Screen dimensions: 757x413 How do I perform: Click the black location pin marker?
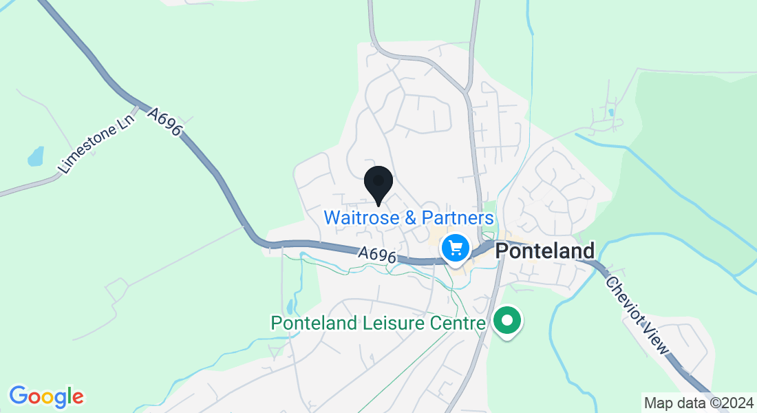(x=378, y=184)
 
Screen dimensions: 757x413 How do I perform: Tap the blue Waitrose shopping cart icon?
(x=455, y=246)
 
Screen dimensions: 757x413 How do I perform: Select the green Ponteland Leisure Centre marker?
(x=507, y=321)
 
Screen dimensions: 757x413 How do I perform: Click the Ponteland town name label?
(x=545, y=251)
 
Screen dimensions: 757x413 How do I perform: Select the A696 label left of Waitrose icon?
(x=377, y=255)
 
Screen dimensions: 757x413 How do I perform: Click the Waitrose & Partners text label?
(x=409, y=218)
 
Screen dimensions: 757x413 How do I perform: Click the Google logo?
(x=46, y=396)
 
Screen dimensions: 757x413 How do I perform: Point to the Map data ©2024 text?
(x=697, y=403)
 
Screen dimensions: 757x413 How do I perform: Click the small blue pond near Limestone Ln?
(x=35, y=157)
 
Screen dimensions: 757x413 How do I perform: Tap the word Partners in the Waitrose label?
(x=458, y=218)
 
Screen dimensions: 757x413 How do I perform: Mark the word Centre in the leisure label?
(x=451, y=323)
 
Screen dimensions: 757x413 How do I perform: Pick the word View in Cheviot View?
(x=654, y=338)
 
